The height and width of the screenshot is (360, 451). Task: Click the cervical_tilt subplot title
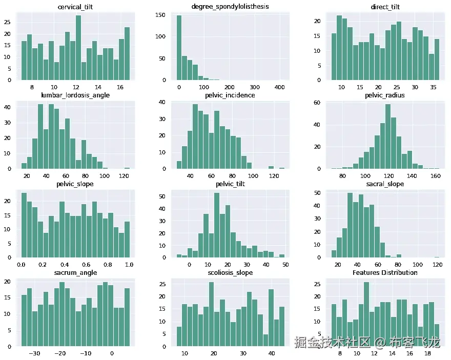click(76, 7)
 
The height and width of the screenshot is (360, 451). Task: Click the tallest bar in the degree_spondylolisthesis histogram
click(179, 48)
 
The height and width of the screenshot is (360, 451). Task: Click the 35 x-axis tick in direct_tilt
click(433, 88)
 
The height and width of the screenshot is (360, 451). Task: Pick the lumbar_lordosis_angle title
click(76, 95)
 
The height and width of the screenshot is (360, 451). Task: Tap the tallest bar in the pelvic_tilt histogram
click(217, 225)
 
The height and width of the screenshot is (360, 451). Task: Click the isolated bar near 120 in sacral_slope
click(437, 256)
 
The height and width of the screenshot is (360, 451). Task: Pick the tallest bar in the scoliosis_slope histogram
click(211, 314)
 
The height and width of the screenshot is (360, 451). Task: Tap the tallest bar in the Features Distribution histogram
click(366, 314)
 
